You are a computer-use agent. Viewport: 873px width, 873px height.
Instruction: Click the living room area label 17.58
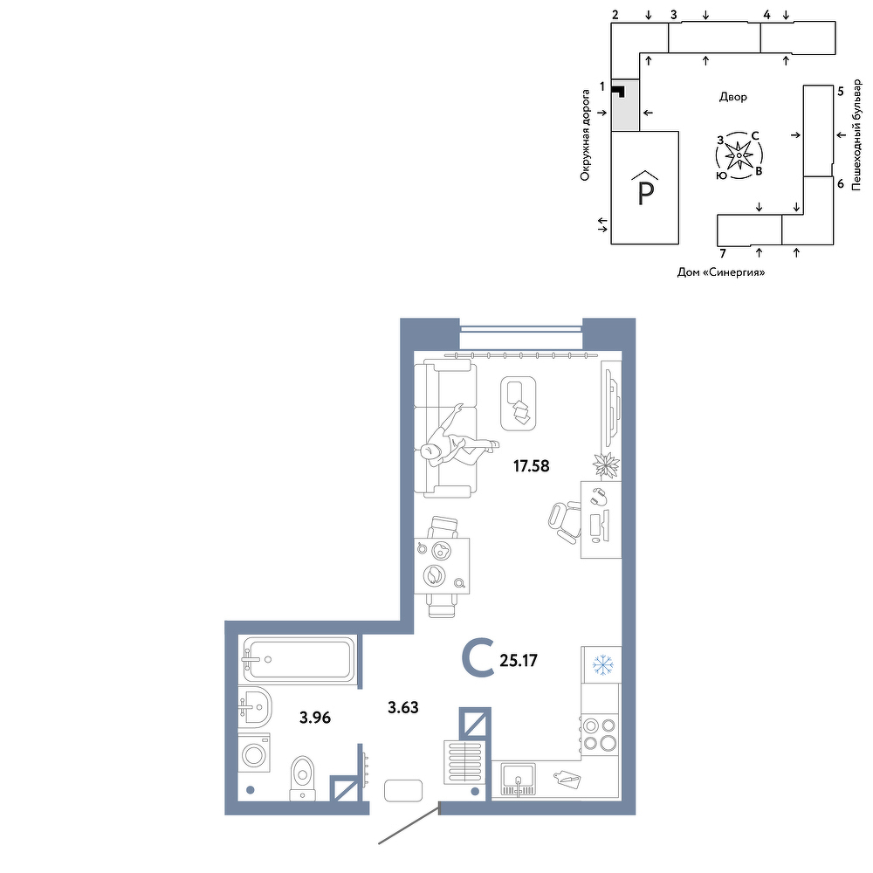point(531,466)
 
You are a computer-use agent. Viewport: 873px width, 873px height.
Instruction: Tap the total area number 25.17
point(519,661)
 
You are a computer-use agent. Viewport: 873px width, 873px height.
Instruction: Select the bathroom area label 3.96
point(315,718)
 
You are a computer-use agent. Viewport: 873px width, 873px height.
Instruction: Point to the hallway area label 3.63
point(403,708)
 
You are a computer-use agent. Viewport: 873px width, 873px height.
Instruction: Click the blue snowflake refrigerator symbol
point(601,664)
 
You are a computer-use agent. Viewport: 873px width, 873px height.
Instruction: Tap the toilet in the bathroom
point(303,778)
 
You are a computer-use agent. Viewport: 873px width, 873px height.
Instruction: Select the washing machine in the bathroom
point(254,753)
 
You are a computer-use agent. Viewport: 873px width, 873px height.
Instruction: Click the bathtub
point(298,660)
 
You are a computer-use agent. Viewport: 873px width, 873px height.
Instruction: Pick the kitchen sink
point(519,779)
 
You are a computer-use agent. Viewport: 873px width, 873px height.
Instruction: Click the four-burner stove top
point(600,734)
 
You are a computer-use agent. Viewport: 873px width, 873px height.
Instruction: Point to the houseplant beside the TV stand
point(606,464)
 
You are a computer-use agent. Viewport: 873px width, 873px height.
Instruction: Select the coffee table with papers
point(519,403)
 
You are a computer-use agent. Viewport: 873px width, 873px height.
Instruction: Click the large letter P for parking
point(645,193)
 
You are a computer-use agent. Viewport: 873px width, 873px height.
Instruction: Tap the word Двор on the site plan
point(732,97)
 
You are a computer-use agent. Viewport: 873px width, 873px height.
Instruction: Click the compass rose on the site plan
point(739,155)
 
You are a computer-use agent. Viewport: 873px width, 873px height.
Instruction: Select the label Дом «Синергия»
point(721,272)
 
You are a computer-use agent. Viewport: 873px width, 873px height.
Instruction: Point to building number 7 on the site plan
point(723,254)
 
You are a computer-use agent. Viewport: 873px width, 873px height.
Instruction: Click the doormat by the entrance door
point(403,790)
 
